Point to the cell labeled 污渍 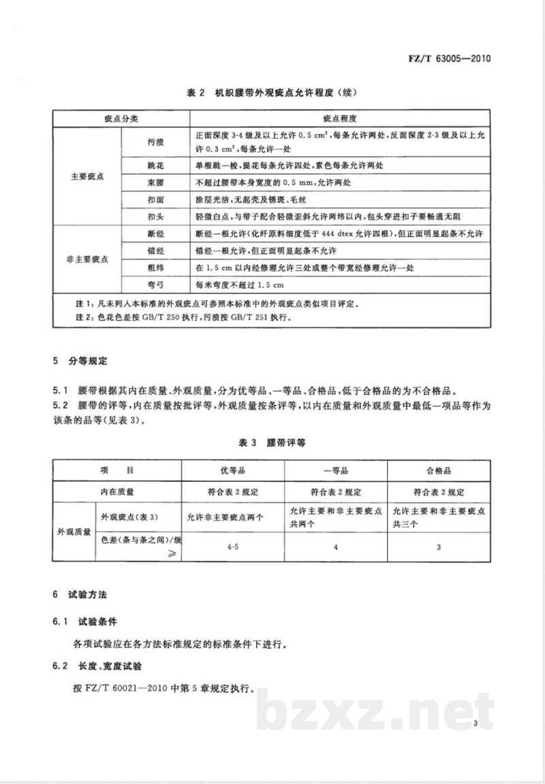coord(155,143)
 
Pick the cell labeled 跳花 coord(155,165)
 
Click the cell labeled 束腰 coord(155,182)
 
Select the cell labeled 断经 coord(155,233)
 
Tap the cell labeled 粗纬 coord(155,267)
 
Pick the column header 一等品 coord(334,470)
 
